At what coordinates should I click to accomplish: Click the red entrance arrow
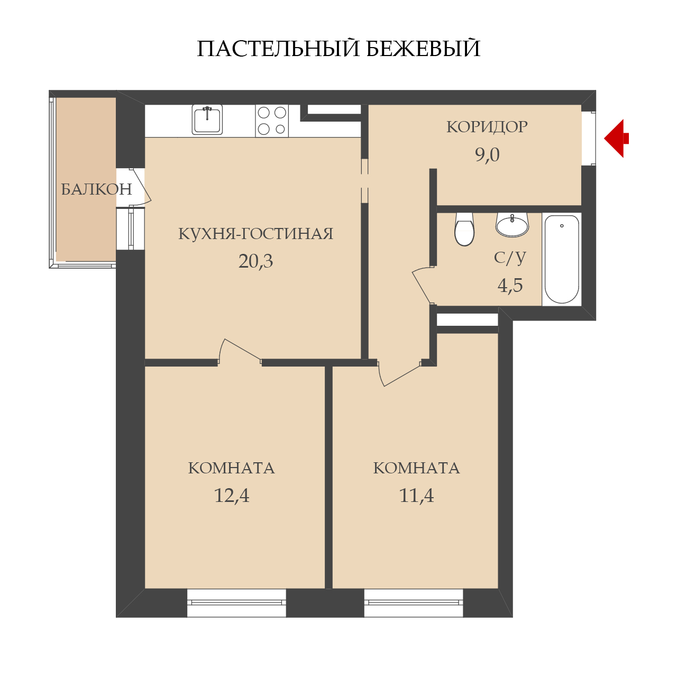coord(616,139)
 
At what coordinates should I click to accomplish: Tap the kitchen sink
coord(207,120)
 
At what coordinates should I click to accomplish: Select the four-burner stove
coord(272,121)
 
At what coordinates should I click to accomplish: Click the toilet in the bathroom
coord(464,229)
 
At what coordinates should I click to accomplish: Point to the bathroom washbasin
coord(512,224)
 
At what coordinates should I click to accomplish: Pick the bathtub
coord(561,259)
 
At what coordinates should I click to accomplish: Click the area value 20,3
coord(256,261)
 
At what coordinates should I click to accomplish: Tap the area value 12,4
coord(232,496)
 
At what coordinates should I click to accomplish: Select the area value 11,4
coord(416,496)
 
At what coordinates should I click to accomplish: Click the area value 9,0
coord(487,155)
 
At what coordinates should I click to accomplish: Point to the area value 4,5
coord(510,285)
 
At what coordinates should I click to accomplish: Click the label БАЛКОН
coord(97,189)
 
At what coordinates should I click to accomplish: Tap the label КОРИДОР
coord(487,127)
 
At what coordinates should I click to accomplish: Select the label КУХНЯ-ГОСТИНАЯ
coord(256,234)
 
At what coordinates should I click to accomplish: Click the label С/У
coord(510,258)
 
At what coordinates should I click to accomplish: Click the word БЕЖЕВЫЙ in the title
coord(423,49)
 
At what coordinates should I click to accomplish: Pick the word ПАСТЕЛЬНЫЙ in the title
coord(278,49)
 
